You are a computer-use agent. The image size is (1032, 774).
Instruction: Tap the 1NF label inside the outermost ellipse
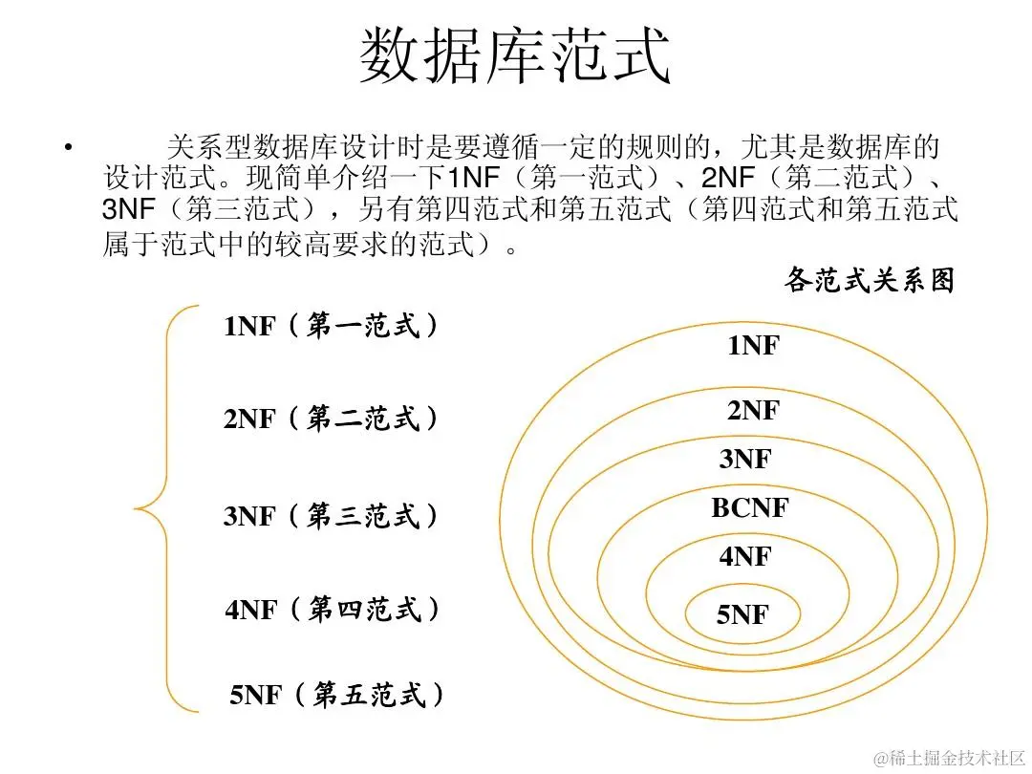coord(753,346)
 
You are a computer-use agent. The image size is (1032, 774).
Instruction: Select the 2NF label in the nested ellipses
coord(753,411)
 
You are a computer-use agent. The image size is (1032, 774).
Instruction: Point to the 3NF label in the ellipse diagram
coord(745,460)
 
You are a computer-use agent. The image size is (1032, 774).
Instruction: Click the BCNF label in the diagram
coord(750,508)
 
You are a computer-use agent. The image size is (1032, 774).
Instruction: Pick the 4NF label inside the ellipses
coord(745,556)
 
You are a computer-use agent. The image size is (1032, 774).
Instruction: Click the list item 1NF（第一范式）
coord(332,327)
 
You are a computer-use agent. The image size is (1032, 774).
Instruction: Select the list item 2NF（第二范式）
coord(332,419)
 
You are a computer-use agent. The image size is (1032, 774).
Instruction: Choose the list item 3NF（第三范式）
coord(332,517)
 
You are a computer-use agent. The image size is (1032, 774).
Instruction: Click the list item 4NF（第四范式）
coord(333,610)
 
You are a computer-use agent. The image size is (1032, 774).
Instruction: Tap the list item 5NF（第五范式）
coord(337,695)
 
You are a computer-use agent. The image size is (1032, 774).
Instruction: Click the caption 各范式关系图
coord(869,281)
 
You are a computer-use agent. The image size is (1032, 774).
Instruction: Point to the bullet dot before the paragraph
coord(67,148)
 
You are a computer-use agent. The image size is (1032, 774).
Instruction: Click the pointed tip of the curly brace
coord(137,507)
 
